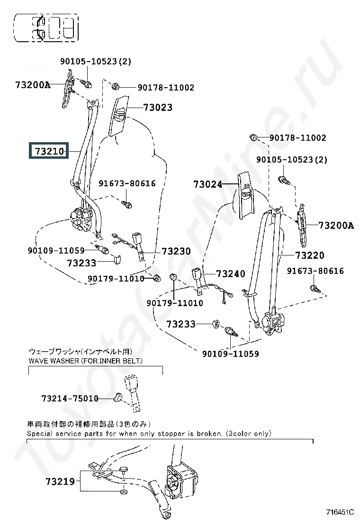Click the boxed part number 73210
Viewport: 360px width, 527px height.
tap(49, 151)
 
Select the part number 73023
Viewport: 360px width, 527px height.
tap(158, 108)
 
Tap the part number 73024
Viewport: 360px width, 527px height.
tap(207, 184)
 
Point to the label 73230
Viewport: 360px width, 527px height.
tap(176, 251)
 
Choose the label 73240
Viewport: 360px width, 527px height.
tap(231, 273)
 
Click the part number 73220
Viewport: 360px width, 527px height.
tap(310, 255)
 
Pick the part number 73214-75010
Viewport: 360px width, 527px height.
tap(70, 399)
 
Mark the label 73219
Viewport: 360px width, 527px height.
tap(60, 482)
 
